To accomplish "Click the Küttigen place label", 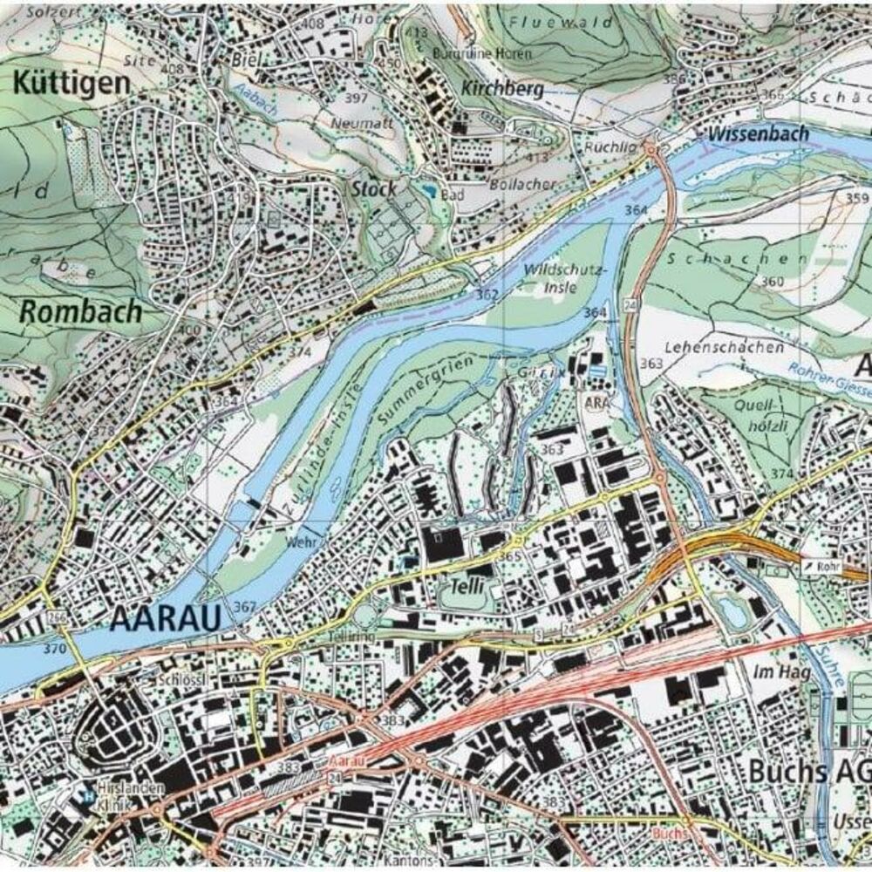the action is (x=72, y=84).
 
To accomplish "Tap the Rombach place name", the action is (x=81, y=311).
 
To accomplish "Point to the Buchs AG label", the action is (x=808, y=772).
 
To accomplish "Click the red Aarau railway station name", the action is (x=346, y=761).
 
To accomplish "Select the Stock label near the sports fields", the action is (x=374, y=188).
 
